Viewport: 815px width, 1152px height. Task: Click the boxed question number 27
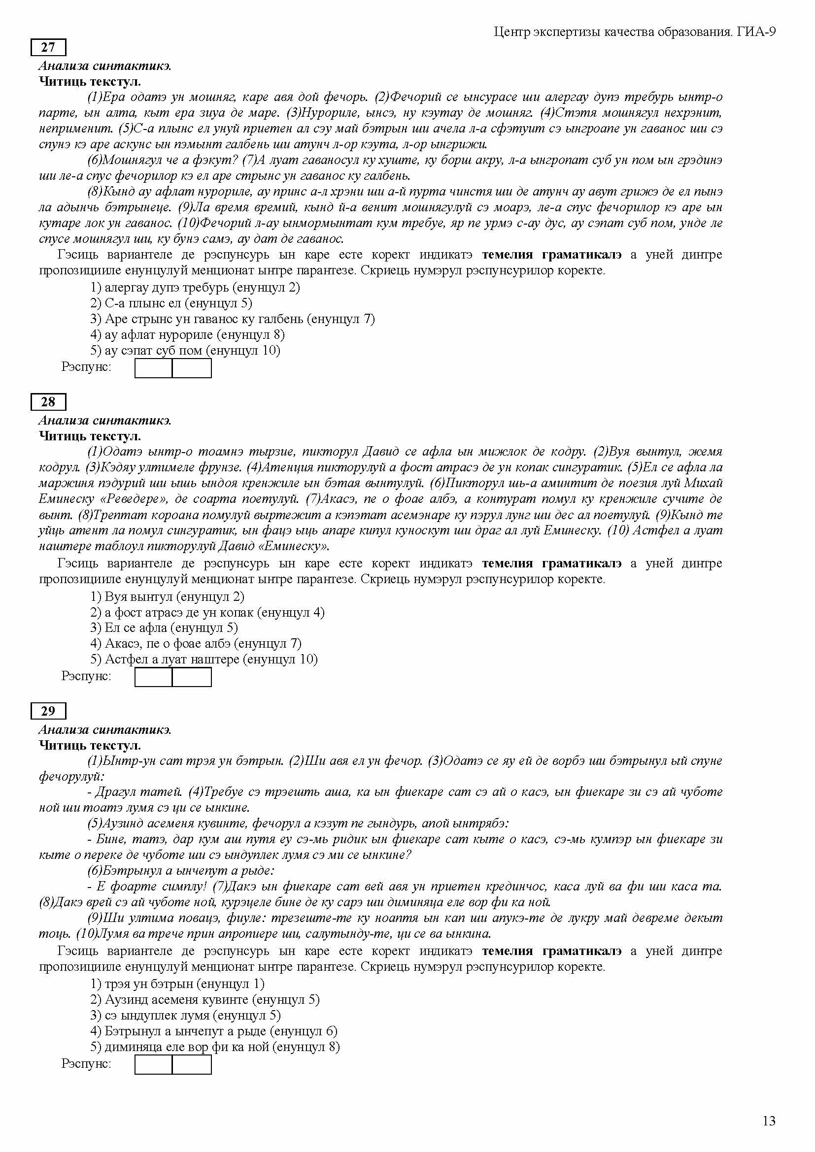tap(48, 47)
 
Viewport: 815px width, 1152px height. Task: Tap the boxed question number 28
tap(48, 402)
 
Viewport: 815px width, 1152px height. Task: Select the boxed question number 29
tap(48, 711)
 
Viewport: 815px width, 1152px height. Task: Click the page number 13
tap(769, 1121)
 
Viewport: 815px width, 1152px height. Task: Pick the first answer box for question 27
tap(154, 368)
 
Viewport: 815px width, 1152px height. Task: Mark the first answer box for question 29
tap(154, 1064)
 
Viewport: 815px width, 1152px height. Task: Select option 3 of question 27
tap(233, 319)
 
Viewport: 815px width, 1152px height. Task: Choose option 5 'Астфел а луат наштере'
tap(204, 659)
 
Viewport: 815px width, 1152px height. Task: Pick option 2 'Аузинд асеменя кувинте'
tap(205, 999)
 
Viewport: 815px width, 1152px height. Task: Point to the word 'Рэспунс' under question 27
tap(86, 367)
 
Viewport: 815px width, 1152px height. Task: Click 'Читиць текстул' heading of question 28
tap(90, 436)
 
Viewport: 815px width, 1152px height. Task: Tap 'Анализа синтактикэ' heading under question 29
tap(105, 729)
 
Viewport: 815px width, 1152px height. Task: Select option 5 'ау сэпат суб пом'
tap(185, 350)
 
